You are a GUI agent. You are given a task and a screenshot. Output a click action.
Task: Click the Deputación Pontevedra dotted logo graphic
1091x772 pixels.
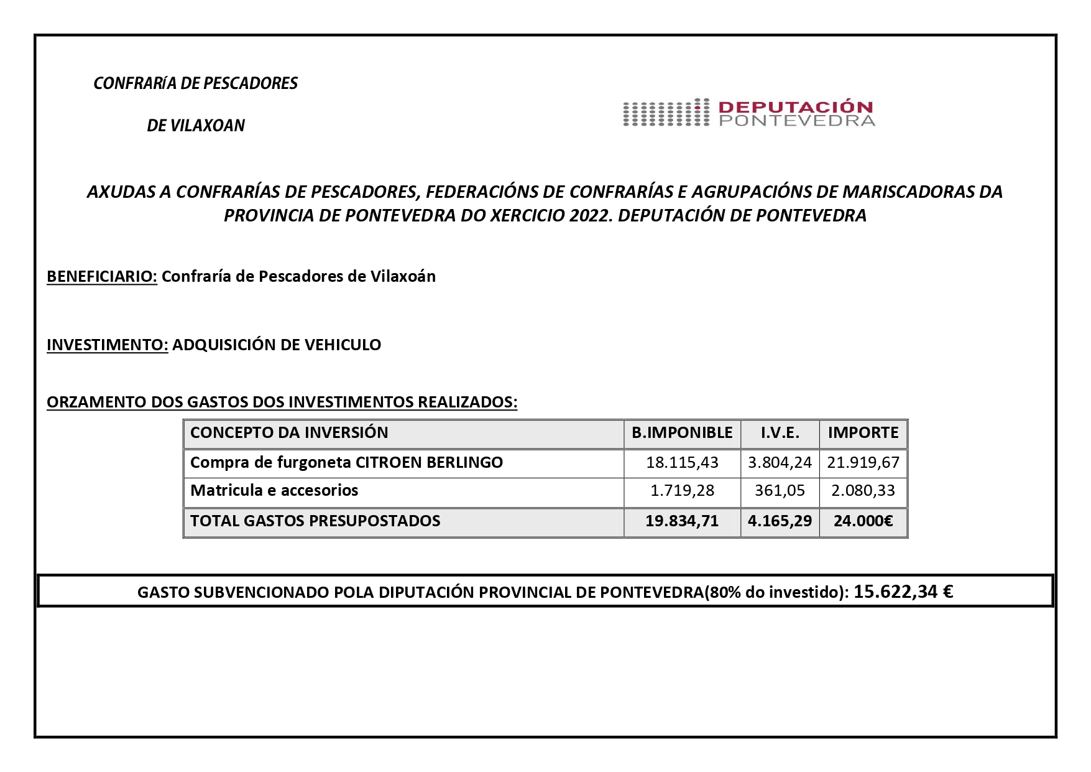click(x=666, y=113)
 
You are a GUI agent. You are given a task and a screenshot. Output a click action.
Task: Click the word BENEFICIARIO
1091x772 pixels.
click(x=102, y=276)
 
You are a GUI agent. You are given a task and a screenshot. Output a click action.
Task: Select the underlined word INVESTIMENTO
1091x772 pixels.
click(x=107, y=345)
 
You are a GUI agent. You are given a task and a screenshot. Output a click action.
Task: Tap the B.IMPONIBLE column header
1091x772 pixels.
click(x=682, y=433)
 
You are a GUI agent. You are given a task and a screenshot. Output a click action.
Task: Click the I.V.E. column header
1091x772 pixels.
click(x=780, y=433)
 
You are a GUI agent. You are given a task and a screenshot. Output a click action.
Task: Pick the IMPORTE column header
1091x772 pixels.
click(x=863, y=433)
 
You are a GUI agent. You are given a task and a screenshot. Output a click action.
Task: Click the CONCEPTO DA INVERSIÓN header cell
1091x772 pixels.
click(x=289, y=433)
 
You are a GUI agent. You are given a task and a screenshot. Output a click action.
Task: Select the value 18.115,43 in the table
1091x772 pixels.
click(x=682, y=463)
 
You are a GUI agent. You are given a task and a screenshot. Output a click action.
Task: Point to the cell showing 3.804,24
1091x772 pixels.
click(x=780, y=463)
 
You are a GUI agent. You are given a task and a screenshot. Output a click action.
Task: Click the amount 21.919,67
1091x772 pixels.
click(x=863, y=463)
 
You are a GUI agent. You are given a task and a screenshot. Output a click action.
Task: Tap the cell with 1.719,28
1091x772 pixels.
click(x=682, y=491)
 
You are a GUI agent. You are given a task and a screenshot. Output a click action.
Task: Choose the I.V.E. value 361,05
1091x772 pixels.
click(x=780, y=491)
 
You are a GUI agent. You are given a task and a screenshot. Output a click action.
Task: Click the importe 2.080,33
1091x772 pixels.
click(x=863, y=491)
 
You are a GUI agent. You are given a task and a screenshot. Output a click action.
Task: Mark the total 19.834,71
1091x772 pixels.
click(x=682, y=521)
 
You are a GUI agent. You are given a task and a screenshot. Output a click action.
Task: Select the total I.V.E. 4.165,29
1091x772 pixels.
click(x=780, y=521)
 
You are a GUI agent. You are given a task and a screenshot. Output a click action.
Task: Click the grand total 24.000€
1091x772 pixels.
click(x=863, y=521)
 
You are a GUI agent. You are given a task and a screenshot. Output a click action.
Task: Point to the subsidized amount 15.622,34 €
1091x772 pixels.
click(x=903, y=591)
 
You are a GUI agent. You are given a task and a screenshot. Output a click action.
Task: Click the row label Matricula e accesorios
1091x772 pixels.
click(x=274, y=491)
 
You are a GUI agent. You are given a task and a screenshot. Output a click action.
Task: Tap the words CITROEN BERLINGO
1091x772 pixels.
click(x=428, y=463)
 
